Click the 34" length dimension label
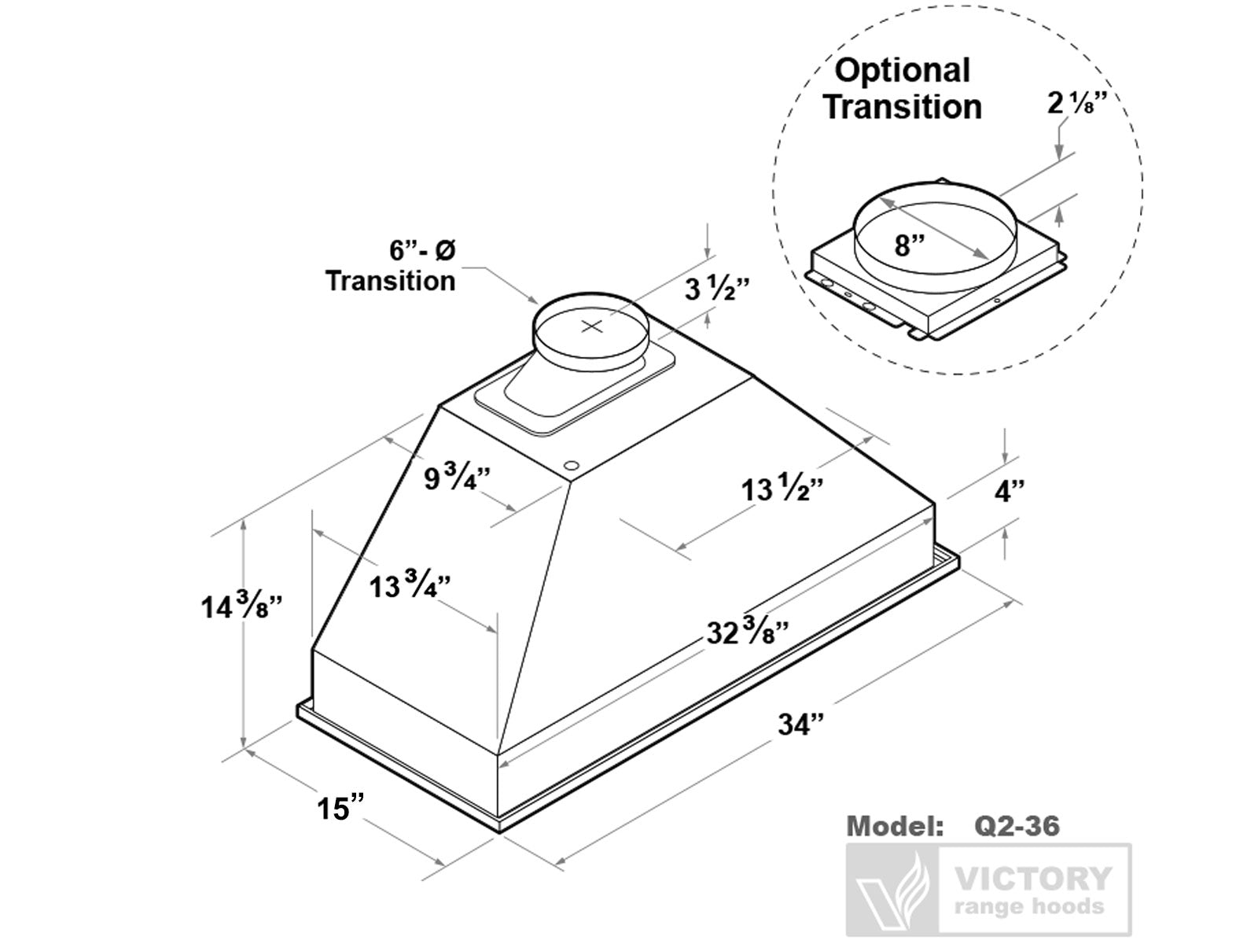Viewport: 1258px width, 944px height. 800,724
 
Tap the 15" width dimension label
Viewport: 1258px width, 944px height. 341,808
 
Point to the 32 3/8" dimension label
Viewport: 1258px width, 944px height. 747,632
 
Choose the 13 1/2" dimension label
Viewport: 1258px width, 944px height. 782,489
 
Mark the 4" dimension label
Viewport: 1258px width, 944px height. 1010,492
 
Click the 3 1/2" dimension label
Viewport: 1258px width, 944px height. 712,289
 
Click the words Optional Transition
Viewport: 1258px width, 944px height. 902,88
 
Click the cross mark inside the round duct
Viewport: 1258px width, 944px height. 592,326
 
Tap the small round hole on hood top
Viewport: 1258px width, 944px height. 572,464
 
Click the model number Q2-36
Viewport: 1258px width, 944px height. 1017,825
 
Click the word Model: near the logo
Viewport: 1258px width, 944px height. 894,825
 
